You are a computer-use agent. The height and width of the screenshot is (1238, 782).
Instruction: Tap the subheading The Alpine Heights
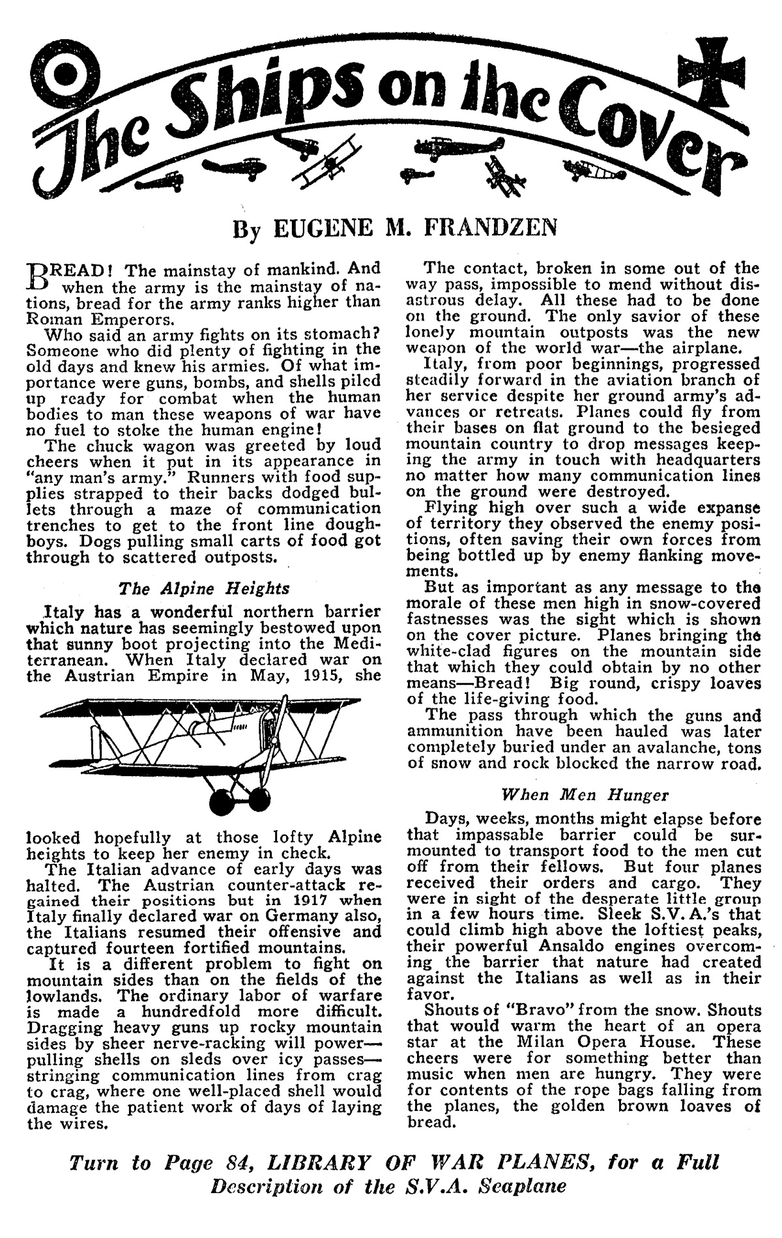point(204,588)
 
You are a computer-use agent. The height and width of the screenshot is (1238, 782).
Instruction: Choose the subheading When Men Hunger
point(585,794)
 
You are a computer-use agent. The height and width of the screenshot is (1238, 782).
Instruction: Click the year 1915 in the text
point(323,676)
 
